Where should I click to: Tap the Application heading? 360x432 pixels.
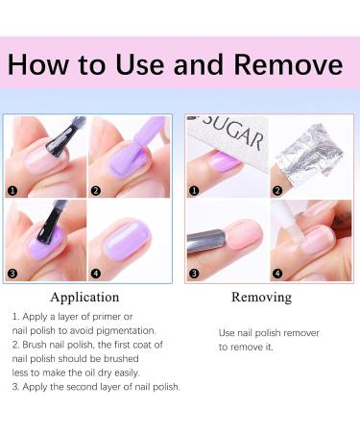(x=84, y=297)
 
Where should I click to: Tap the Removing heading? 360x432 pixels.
(x=261, y=297)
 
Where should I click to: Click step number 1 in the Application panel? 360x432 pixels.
(x=13, y=190)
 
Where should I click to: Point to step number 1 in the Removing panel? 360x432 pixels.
(x=193, y=190)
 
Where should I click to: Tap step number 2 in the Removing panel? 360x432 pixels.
(x=276, y=190)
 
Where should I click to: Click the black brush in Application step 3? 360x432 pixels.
(x=42, y=227)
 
